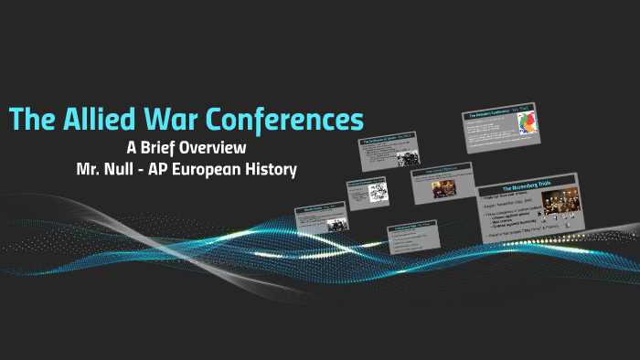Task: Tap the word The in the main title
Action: click(33, 120)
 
